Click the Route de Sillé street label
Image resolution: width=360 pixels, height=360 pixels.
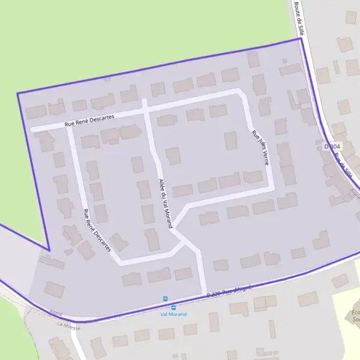(x=299, y=19)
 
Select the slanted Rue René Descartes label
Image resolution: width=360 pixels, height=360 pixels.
(x=97, y=230)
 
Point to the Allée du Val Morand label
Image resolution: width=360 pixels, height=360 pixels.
(x=165, y=203)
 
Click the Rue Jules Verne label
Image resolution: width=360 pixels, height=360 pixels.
(x=260, y=148)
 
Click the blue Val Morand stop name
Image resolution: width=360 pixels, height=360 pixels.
(x=173, y=314)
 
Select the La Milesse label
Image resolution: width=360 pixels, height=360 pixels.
(x=68, y=324)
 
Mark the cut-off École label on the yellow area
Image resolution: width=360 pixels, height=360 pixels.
(x=356, y=314)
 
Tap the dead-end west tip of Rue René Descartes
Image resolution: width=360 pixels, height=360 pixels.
(x=33, y=128)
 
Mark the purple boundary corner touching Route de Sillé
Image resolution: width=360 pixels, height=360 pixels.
(x=299, y=40)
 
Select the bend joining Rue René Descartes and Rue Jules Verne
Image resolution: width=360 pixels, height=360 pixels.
(x=241, y=93)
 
